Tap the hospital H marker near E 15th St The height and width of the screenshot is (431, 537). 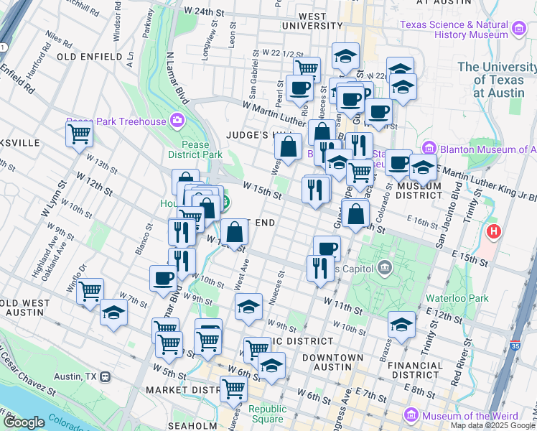click(494, 232)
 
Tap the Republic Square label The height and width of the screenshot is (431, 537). click(267, 414)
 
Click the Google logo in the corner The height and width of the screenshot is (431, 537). click(24, 422)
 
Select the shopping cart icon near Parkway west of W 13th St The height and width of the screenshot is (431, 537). click(79, 133)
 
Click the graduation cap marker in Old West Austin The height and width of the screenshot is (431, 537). click(113, 312)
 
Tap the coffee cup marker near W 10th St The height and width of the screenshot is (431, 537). click(162, 278)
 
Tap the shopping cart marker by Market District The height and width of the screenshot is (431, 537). click(233, 389)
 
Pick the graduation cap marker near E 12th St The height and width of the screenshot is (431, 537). click(401, 323)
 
